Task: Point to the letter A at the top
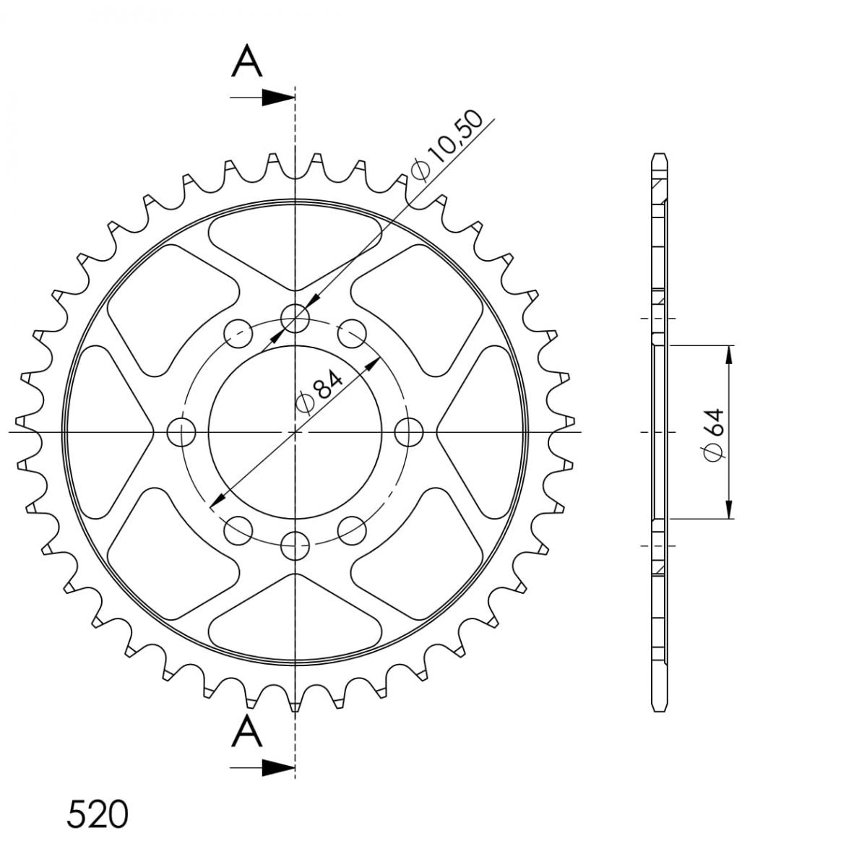[246, 61]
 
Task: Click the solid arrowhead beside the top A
[278, 98]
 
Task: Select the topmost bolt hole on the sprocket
[295, 319]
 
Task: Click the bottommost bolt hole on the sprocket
[295, 545]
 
